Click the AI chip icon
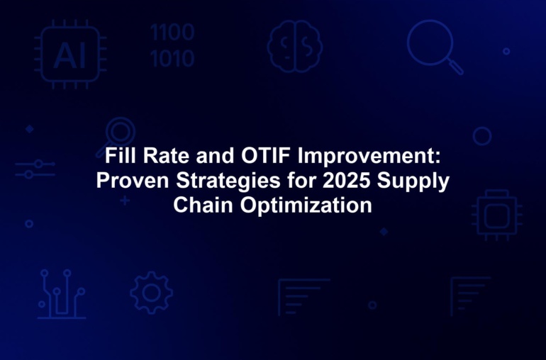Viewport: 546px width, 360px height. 70,54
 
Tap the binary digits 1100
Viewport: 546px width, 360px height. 172,33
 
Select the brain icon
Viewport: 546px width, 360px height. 294,46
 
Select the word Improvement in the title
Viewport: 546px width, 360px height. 369,157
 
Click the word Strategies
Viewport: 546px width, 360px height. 228,181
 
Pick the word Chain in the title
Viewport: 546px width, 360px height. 203,205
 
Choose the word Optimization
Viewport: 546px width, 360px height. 306,206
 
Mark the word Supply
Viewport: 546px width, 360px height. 413,181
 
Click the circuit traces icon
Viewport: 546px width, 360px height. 62,294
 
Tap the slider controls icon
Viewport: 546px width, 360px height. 35,169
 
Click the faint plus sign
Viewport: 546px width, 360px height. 125,201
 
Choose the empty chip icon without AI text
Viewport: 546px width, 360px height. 497,215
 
